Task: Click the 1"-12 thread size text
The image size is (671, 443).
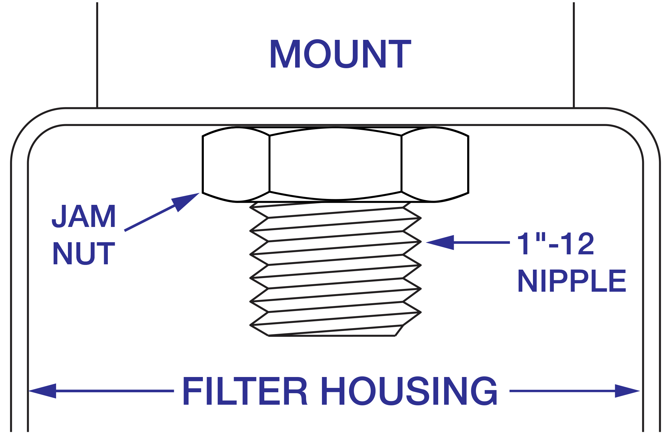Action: (555, 244)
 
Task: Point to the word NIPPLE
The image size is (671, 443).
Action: (572, 281)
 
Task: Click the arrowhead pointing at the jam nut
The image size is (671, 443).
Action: (185, 201)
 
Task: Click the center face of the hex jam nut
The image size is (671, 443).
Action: (335, 164)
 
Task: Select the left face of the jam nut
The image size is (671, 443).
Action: (236, 164)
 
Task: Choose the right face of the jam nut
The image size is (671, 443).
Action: (434, 164)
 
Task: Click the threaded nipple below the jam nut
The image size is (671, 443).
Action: (335, 268)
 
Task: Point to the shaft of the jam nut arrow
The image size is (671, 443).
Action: (150, 218)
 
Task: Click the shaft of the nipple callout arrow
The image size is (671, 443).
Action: (482, 242)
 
